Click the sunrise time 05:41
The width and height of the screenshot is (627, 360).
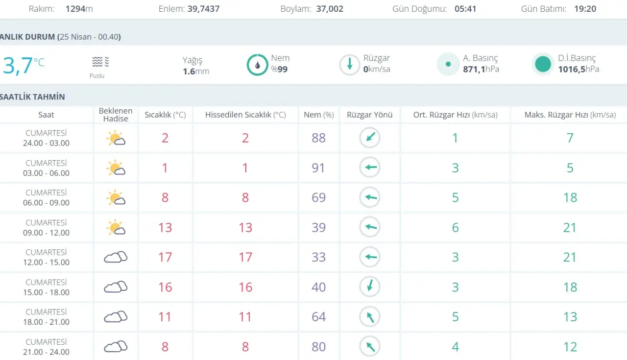click(x=465, y=9)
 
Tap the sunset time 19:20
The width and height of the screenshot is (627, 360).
click(x=585, y=9)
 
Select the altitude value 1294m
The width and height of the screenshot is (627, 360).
click(x=79, y=9)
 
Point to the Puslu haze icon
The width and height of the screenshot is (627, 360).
click(x=100, y=62)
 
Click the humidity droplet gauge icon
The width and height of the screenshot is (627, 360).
click(x=257, y=65)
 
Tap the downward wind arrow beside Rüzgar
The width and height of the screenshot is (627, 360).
click(x=349, y=65)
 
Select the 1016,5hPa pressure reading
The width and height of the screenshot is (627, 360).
click(x=579, y=69)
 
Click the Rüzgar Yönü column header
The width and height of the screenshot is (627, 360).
click(x=369, y=115)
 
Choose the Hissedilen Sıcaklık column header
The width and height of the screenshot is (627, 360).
click(x=245, y=115)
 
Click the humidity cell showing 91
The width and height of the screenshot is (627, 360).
click(x=318, y=168)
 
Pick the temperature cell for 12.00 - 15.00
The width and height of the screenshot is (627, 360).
click(x=165, y=257)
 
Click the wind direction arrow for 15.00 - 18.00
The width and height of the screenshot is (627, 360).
click(x=370, y=287)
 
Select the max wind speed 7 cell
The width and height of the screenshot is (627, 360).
click(x=570, y=138)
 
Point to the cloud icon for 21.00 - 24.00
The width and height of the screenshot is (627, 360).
click(x=116, y=347)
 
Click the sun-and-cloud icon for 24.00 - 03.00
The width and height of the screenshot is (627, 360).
click(x=116, y=138)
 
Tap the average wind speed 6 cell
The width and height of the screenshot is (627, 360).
click(x=456, y=228)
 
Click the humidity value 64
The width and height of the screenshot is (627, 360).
click(x=318, y=317)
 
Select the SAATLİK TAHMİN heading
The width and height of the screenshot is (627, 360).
click(x=32, y=97)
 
